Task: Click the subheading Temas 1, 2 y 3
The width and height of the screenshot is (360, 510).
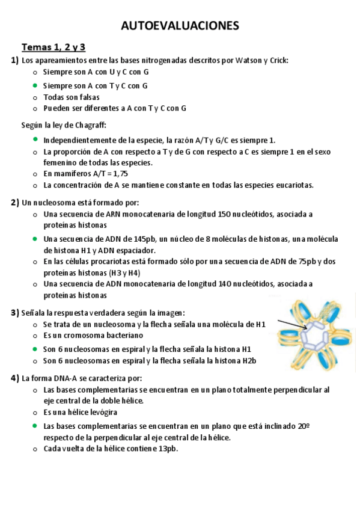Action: [53, 47]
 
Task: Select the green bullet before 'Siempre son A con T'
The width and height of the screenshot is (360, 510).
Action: [35, 85]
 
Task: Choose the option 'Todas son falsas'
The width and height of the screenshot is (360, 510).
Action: [72, 97]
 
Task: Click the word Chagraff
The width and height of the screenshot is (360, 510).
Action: [90, 125]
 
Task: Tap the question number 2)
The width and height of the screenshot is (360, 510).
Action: [14, 202]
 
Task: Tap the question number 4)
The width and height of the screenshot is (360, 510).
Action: [14, 378]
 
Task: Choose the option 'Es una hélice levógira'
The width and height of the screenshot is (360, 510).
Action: [80, 412]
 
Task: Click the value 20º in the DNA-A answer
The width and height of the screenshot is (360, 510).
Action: [304, 425]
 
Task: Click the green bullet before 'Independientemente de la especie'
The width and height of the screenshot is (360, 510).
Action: [35, 139]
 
